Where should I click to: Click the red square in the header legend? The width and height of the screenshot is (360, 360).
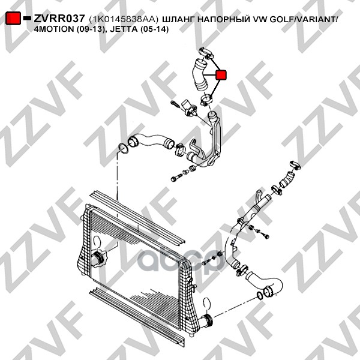(x=13, y=18)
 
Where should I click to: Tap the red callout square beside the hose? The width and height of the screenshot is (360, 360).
(x=221, y=75)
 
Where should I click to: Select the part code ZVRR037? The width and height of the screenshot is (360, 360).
(x=59, y=19)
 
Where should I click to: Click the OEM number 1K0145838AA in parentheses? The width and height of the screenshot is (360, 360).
(x=124, y=19)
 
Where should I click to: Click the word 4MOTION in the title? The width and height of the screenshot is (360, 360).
(x=52, y=29)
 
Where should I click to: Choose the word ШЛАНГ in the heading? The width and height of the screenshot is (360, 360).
(x=178, y=19)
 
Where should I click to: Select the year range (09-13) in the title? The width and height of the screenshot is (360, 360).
(x=88, y=29)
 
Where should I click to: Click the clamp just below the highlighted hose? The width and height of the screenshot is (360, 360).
(x=206, y=100)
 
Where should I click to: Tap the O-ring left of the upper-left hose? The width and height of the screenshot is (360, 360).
(x=122, y=149)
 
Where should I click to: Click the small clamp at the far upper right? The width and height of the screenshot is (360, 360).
(x=295, y=166)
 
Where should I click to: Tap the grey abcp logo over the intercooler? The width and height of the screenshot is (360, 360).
(x=180, y=261)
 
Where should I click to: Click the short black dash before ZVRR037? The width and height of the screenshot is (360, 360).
(x=27, y=18)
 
